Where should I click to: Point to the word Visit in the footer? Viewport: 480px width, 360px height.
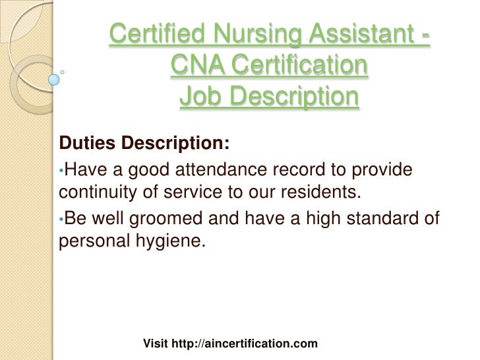pyautogui.click(x=155, y=344)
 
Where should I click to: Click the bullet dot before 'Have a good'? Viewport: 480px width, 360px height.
pyautogui.click(x=61, y=171)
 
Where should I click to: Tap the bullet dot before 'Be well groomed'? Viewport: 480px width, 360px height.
pyautogui.click(x=61, y=220)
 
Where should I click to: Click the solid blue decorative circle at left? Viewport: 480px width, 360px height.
pyautogui.click(x=54, y=80)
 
